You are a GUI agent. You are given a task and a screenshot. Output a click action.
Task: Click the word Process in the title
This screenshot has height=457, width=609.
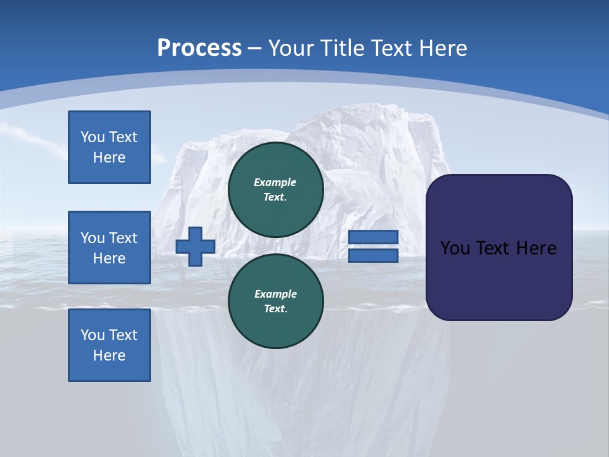199,48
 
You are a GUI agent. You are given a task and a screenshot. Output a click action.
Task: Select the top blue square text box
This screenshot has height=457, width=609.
109,147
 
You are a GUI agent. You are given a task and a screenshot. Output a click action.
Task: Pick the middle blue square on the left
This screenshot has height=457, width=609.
109,248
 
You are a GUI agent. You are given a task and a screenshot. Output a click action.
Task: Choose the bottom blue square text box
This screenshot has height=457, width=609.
109,345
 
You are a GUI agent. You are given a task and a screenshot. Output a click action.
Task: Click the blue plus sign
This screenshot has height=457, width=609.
195,246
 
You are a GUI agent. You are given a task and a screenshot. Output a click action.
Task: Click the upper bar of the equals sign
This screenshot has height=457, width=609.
373,237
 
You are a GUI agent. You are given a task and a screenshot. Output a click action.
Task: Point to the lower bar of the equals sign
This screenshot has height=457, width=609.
373,256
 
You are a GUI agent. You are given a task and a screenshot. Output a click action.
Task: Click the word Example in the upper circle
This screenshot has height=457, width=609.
275,182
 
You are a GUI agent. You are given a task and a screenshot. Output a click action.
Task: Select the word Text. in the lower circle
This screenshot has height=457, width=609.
275,308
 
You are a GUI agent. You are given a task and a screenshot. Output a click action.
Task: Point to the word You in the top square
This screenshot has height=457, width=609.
93,137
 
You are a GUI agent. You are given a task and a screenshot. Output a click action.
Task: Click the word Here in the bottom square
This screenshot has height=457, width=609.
109,355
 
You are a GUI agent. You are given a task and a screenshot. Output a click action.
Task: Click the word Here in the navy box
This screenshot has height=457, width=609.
537,248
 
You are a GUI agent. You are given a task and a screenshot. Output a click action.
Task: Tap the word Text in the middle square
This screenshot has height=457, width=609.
123,238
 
